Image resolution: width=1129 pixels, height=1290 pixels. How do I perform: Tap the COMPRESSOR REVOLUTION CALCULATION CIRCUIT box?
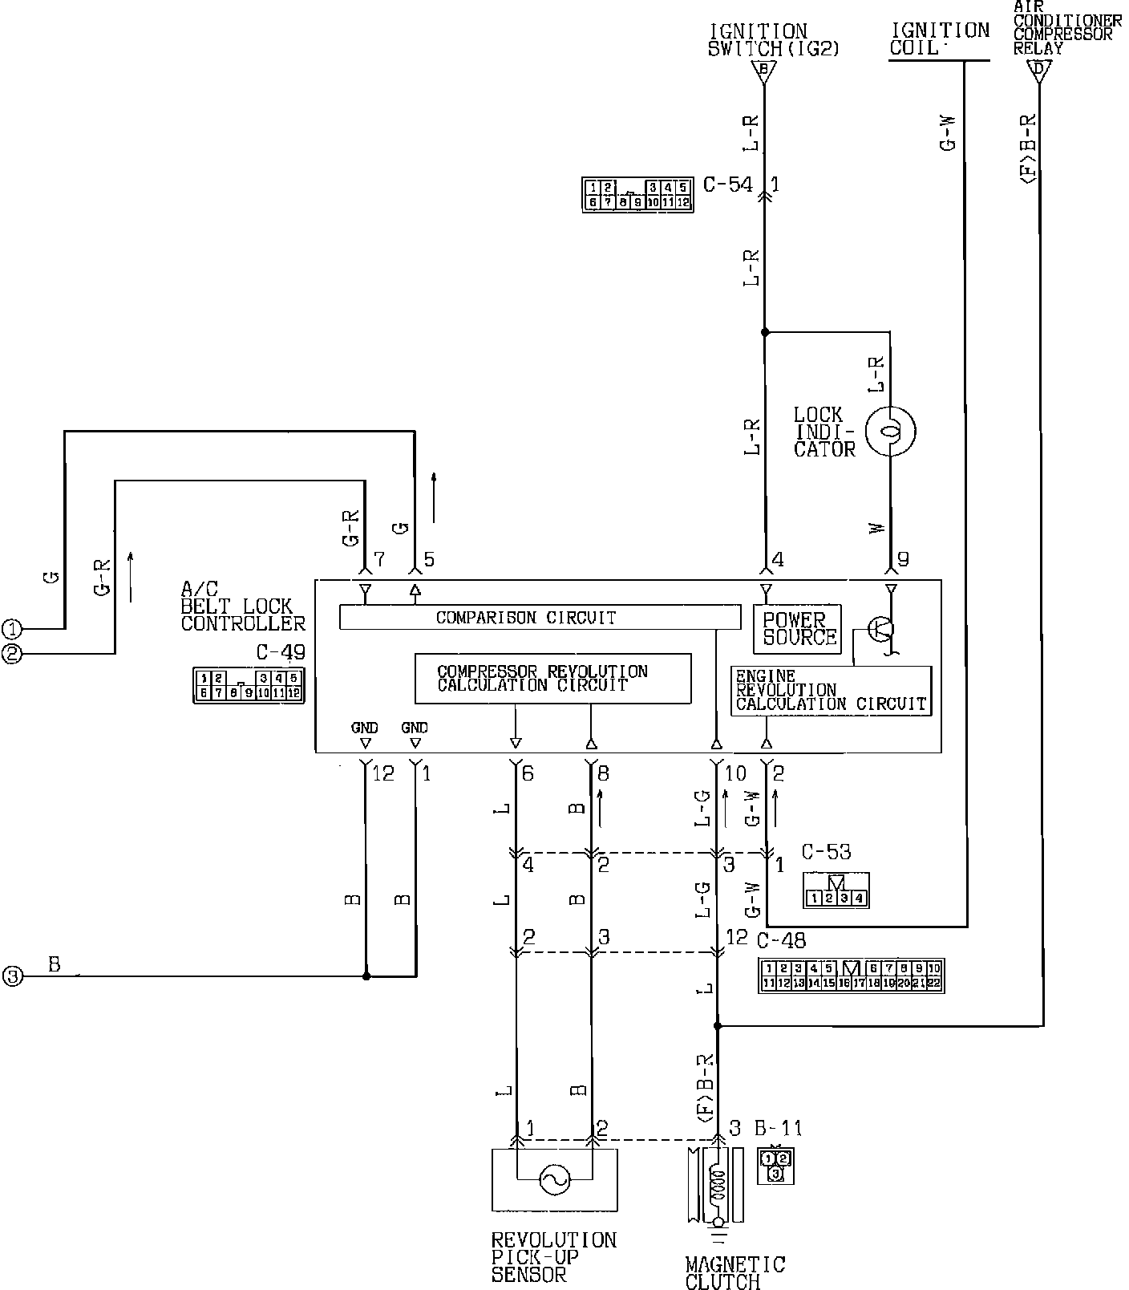click(552, 679)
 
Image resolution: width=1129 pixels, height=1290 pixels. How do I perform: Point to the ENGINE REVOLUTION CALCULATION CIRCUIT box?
click(831, 691)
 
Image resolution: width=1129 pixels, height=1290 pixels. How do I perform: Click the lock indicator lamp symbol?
click(891, 432)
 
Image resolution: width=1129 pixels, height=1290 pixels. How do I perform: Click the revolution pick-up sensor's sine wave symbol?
click(554, 1179)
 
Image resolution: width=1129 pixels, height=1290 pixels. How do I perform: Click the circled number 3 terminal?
click(11, 976)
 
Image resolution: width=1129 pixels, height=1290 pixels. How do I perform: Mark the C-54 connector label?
click(727, 185)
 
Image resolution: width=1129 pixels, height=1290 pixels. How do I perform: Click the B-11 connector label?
click(778, 1129)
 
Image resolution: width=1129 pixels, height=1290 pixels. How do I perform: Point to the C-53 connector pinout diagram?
click(836, 891)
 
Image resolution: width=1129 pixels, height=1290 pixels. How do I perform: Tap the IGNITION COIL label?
click(939, 39)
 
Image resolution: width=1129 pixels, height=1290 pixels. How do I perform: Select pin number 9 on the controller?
click(904, 560)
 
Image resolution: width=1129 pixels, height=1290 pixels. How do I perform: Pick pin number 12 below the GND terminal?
click(383, 774)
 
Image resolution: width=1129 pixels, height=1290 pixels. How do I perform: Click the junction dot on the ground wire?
click(366, 976)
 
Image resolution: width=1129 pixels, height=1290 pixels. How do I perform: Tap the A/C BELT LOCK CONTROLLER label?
click(242, 607)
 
